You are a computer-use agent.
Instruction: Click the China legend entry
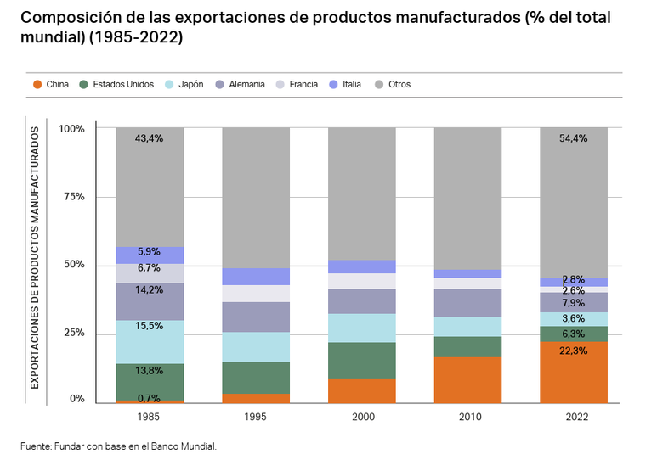(x=51, y=85)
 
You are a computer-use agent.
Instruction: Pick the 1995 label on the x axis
(x=256, y=417)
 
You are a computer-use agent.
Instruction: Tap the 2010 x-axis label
(x=468, y=417)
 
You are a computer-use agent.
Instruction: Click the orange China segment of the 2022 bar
(x=574, y=373)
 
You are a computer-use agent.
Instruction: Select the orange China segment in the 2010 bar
(x=468, y=380)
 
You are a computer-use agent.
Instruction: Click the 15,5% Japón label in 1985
(x=150, y=326)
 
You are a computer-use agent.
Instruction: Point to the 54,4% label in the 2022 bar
(x=574, y=138)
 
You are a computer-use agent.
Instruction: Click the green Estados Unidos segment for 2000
(x=362, y=360)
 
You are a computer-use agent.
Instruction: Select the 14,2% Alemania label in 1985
(x=150, y=290)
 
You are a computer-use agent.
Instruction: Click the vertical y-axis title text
(x=35, y=258)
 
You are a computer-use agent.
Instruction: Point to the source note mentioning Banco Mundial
(x=119, y=445)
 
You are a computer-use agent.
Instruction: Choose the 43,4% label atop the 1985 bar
(x=150, y=138)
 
